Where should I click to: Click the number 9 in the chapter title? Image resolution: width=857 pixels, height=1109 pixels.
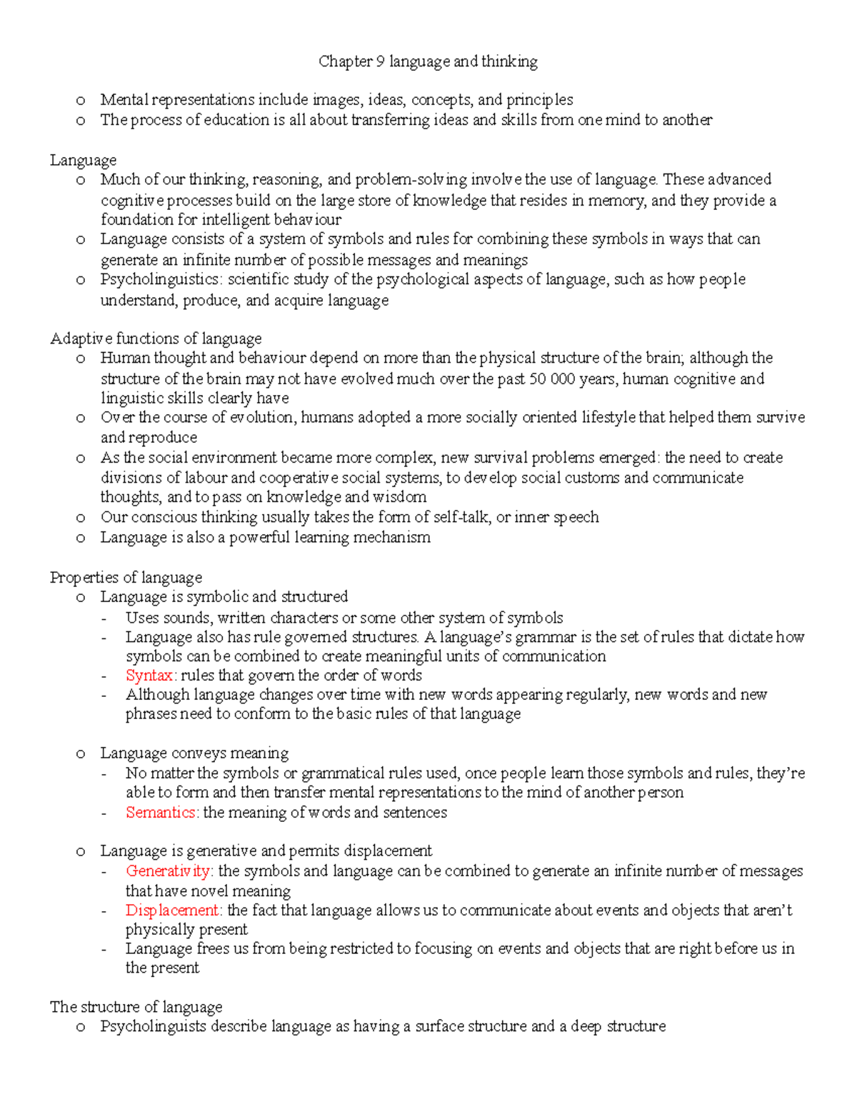(x=380, y=62)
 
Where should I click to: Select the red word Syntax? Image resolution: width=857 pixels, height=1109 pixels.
(x=149, y=676)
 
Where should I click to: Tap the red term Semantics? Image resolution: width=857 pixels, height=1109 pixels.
(x=161, y=813)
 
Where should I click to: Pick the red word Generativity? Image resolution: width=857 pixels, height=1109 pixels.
(x=168, y=871)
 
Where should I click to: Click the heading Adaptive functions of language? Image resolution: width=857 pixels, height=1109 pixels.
(x=156, y=338)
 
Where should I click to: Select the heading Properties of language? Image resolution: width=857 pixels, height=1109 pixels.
(x=126, y=578)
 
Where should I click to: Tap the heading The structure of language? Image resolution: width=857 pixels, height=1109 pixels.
(x=136, y=1007)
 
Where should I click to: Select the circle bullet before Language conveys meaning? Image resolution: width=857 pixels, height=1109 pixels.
(x=81, y=754)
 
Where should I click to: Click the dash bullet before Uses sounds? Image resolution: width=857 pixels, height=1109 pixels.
(x=106, y=618)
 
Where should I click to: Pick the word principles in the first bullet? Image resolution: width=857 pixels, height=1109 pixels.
(x=539, y=100)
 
